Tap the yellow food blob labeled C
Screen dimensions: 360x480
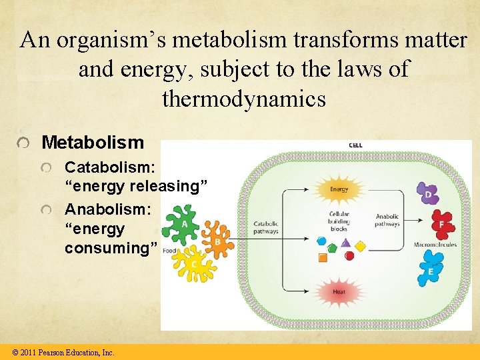(195, 264)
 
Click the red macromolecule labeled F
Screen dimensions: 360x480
(441, 225)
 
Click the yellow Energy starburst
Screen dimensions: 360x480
(339, 189)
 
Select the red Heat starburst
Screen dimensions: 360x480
(339, 292)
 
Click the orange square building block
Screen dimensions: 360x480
(323, 257)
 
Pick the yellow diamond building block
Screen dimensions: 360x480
(360, 247)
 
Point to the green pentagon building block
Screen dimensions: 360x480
(332, 247)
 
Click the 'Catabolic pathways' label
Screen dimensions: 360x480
(265, 227)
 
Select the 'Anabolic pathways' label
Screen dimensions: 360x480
(387, 220)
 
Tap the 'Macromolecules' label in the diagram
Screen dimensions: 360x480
(435, 245)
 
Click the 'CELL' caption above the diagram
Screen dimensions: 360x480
(355, 145)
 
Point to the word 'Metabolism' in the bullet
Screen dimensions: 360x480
(93, 142)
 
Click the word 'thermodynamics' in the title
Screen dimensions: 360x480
(243, 99)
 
